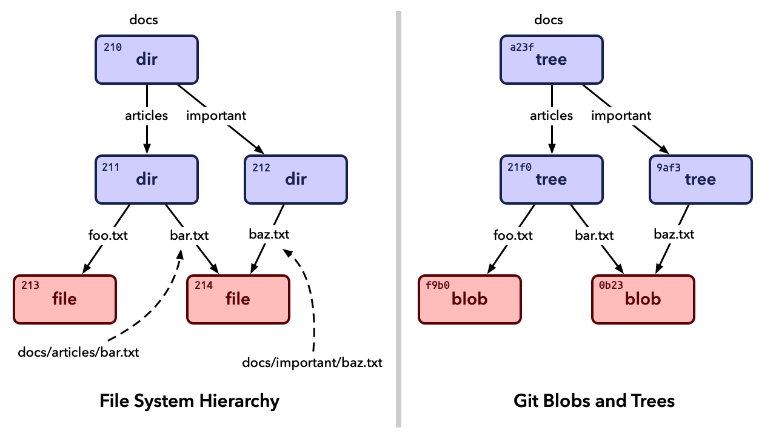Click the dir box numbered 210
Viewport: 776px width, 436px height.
[x=147, y=59]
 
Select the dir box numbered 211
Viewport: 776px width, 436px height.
[x=147, y=179]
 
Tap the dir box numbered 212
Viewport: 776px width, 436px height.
[x=296, y=179]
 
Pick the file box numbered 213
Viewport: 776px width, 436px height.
[x=64, y=299]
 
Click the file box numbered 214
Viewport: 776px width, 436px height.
[x=238, y=299]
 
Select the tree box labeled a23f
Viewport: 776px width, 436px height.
[x=551, y=59]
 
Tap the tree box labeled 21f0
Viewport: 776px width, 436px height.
[x=551, y=179]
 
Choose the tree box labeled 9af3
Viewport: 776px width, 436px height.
[x=700, y=179]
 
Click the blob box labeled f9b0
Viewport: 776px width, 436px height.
[x=469, y=299]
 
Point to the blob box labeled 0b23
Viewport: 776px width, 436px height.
[x=643, y=299]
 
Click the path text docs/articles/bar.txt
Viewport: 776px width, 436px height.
[x=78, y=352]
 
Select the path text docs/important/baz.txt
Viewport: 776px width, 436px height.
[x=312, y=363]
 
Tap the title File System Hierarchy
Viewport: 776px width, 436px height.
[x=189, y=401]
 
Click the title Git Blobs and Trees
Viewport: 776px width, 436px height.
[x=594, y=401]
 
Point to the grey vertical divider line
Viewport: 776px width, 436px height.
[x=398, y=218]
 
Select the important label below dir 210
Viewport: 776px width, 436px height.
[x=216, y=115]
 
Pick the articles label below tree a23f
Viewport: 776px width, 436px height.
[x=551, y=115]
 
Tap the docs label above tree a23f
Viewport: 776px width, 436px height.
[x=548, y=19]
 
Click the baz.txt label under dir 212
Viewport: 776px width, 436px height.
[x=269, y=234]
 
